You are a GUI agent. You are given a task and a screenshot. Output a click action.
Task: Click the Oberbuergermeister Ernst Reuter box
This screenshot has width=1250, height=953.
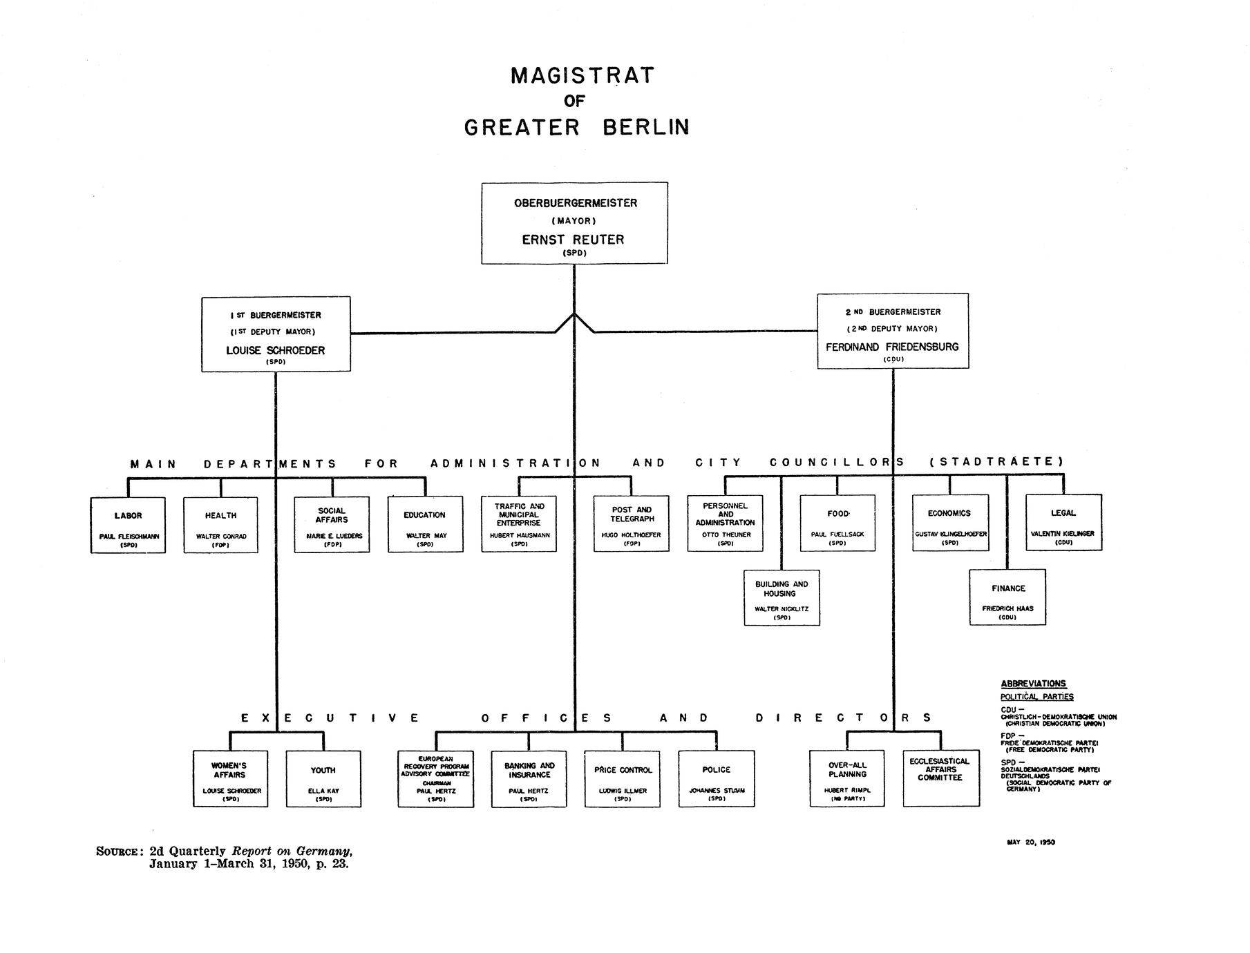pyautogui.click(x=574, y=223)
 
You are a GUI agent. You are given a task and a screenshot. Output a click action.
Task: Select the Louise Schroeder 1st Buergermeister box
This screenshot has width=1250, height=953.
pyautogui.click(x=276, y=334)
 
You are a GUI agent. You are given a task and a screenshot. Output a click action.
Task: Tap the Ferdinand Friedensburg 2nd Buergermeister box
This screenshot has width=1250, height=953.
pyautogui.click(x=893, y=331)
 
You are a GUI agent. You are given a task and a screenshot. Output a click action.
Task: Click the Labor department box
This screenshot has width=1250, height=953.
pyautogui.click(x=128, y=525)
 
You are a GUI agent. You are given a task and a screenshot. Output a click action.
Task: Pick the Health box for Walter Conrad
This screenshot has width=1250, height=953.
pyautogui.click(x=220, y=525)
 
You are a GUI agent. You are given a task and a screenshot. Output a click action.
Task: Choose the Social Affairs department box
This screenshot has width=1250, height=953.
pyautogui.click(x=332, y=524)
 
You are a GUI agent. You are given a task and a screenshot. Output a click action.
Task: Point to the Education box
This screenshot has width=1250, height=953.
pyautogui.click(x=425, y=524)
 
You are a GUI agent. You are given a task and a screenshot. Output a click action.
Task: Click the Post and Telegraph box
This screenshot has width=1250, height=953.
pyautogui.click(x=631, y=523)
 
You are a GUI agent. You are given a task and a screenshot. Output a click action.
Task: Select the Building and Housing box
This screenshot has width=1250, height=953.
pyautogui.click(x=782, y=598)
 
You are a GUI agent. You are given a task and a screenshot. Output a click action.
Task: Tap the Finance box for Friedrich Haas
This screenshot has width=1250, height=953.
pyautogui.click(x=1007, y=597)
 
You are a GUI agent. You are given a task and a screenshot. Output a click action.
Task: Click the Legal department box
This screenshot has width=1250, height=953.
pyautogui.click(x=1063, y=522)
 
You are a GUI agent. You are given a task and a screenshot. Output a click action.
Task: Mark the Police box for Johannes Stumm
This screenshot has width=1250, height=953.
pyautogui.click(x=717, y=778)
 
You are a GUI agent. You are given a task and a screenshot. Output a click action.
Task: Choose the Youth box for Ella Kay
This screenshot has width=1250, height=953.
pyautogui.click(x=323, y=779)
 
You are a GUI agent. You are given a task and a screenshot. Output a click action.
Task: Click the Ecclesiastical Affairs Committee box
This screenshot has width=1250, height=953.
pyautogui.click(x=940, y=778)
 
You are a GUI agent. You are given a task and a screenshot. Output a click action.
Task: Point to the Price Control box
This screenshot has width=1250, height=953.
pyautogui.click(x=622, y=778)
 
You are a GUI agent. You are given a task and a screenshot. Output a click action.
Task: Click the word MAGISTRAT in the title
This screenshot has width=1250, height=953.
pyautogui.click(x=582, y=75)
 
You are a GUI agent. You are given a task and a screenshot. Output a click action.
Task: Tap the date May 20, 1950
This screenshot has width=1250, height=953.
pyautogui.click(x=1031, y=842)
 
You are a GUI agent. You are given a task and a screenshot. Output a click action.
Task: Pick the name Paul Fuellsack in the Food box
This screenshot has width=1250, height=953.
pyautogui.click(x=837, y=535)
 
